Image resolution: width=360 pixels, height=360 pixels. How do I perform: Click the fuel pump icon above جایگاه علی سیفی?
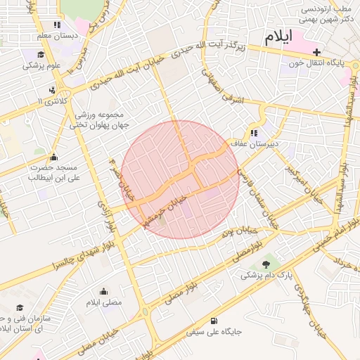pyautogui.click(x=212, y=320)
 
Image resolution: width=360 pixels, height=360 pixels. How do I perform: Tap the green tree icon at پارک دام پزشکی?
pyautogui.click(x=266, y=265)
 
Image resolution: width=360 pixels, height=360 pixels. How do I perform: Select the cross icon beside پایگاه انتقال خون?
pyautogui.click(x=317, y=52)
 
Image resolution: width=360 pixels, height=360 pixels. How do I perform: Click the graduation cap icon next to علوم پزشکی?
pyautogui.click(x=41, y=54)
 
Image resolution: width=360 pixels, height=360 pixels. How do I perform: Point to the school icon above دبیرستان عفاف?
pyautogui.click(x=253, y=132)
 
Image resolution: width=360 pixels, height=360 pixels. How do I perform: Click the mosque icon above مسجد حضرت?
pyautogui.click(x=54, y=156)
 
